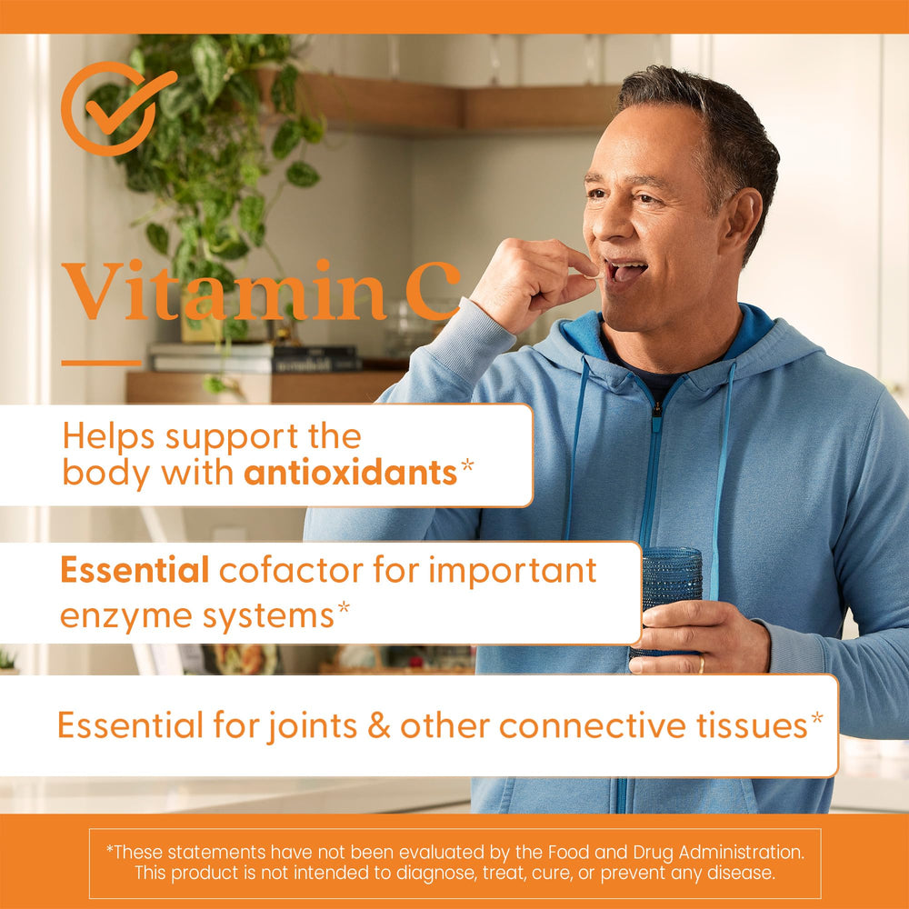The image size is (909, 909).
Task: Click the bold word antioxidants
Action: pos(350,474)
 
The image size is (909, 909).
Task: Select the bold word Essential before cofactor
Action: pos(135,570)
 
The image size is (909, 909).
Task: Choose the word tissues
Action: pos(750,725)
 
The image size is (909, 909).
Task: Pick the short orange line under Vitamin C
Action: pos(101,363)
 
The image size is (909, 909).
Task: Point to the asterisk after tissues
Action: pos(817,719)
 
